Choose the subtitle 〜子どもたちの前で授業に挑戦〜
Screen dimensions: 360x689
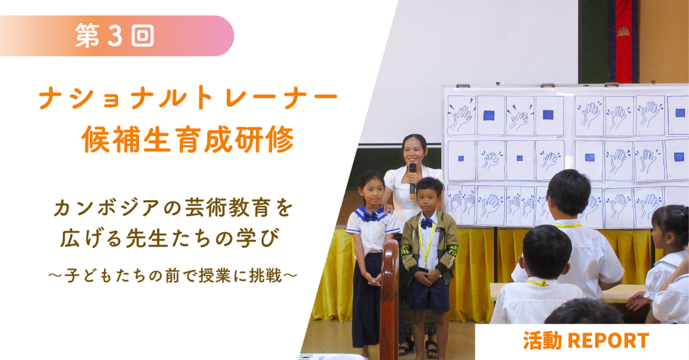pyautogui.click(x=173, y=276)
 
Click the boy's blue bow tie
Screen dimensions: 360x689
pyautogui.click(x=426, y=223)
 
